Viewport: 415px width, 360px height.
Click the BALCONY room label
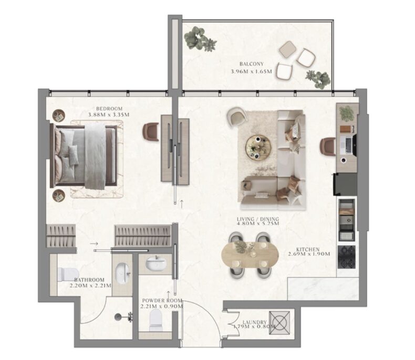252,64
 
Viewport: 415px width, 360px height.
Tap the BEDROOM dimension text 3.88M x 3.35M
109,115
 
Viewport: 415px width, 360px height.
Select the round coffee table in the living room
258,147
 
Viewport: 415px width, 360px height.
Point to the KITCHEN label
308,249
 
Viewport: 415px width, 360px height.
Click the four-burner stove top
347,257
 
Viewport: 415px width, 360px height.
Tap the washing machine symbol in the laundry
279,323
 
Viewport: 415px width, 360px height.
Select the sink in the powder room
156,263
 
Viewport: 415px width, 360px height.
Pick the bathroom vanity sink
123,273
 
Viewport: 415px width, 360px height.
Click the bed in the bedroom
84,156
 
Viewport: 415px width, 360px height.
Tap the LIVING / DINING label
258,219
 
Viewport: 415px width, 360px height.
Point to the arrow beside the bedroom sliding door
182,204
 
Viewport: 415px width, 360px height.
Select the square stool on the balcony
288,49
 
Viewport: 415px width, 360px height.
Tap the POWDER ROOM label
162,301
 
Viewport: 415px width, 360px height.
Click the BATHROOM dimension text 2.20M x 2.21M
90,285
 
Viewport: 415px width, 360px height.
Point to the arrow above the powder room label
168,293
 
